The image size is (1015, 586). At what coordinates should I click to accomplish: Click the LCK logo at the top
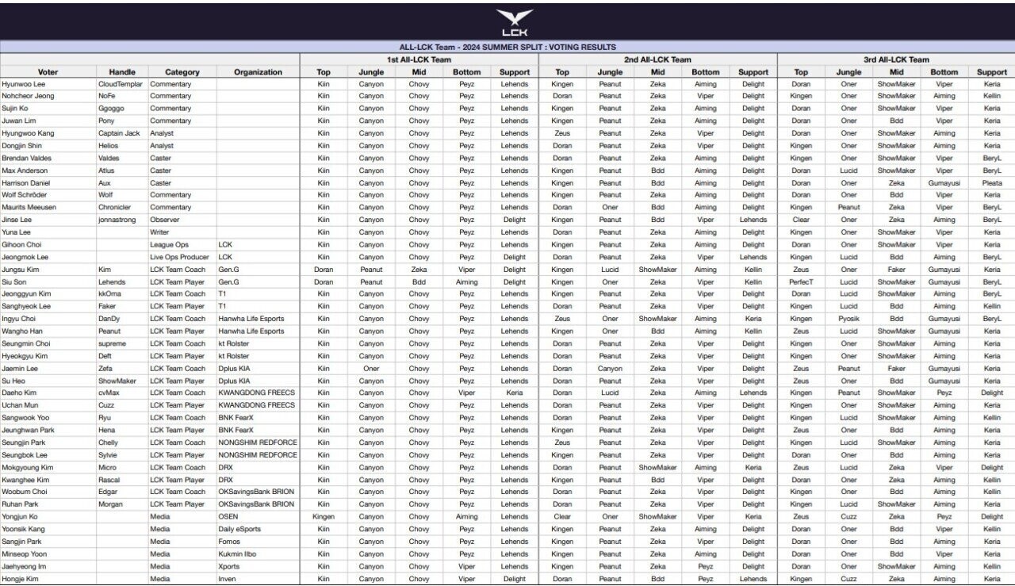pyautogui.click(x=514, y=22)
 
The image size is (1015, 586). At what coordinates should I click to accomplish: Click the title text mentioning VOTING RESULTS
pyautogui.click(x=507, y=48)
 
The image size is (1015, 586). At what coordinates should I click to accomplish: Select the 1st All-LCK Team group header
pyautogui.click(x=419, y=59)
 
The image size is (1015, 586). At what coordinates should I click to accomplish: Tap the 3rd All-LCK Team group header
pyautogui.click(x=896, y=59)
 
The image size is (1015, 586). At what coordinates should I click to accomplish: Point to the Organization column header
pyautogui.click(x=258, y=72)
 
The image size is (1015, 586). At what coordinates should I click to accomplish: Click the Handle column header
pyautogui.click(x=122, y=72)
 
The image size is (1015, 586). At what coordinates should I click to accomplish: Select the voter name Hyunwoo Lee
pyautogui.click(x=24, y=84)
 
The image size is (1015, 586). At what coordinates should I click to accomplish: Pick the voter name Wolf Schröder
pyautogui.click(x=25, y=195)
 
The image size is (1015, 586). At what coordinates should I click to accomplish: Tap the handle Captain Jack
pyautogui.click(x=119, y=133)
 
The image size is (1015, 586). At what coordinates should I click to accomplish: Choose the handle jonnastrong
pyautogui.click(x=117, y=220)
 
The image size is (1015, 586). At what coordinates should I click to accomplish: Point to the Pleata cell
pyautogui.click(x=992, y=183)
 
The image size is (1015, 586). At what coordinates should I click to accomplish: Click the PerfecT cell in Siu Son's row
pyautogui.click(x=801, y=282)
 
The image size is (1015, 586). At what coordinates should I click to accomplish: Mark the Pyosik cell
pyautogui.click(x=848, y=319)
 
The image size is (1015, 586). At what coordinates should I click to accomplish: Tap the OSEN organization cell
pyautogui.click(x=228, y=517)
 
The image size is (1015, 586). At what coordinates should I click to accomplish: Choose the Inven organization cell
pyautogui.click(x=228, y=579)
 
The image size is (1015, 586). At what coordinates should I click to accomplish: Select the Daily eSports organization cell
pyautogui.click(x=239, y=529)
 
